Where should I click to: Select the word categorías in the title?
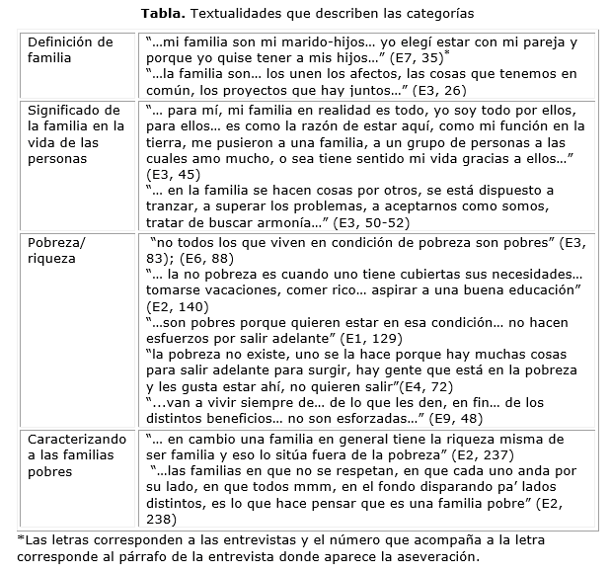(x=434, y=15)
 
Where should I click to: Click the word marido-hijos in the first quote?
(x=321, y=42)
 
